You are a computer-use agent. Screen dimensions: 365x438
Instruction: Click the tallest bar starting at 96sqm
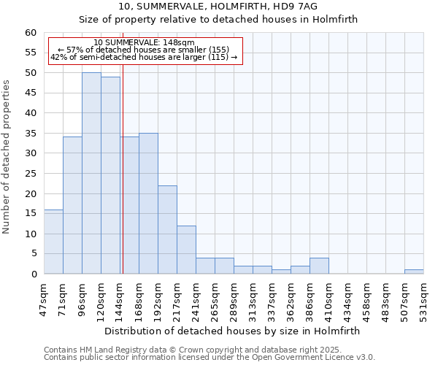pos(91,174)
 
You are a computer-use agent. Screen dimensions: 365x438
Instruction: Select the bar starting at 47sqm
pos(53,242)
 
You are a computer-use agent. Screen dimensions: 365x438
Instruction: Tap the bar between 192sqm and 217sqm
pos(167,230)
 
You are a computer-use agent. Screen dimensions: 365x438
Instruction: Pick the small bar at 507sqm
pos(414,272)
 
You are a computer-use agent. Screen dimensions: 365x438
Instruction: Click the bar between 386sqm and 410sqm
pos(319,266)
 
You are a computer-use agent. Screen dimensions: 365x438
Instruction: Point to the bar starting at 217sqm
pos(186,250)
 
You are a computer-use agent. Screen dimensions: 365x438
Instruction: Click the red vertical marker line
pos(123,182)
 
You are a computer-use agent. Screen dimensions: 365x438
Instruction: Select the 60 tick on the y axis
pos(30,33)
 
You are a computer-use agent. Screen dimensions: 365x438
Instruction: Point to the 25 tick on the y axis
pos(30,174)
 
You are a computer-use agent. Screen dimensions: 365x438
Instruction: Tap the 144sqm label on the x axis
pos(120,297)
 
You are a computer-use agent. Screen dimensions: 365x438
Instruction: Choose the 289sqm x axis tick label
pos(234,297)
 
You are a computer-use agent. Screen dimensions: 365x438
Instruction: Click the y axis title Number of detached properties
pos(7,157)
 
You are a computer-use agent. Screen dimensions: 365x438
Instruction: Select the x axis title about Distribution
pos(232,331)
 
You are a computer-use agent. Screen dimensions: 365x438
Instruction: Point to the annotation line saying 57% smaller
pos(144,50)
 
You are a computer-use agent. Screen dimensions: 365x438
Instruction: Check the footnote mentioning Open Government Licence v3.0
pos(210,357)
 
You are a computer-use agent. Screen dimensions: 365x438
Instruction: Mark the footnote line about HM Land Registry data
pos(192,350)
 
